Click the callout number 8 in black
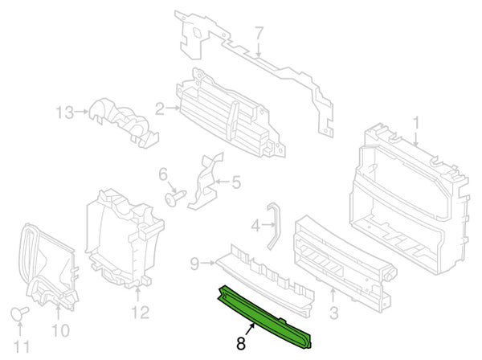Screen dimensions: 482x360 point(241,343)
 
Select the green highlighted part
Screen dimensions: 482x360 point(265,317)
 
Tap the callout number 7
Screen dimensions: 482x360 point(259,33)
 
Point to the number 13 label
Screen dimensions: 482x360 point(64,112)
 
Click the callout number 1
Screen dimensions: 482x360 point(416,123)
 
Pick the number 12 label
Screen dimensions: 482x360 point(140,313)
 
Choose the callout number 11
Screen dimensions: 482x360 point(22,346)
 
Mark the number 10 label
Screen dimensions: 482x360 point(60,330)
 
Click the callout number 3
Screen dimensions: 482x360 point(333,313)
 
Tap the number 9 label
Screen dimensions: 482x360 point(194,264)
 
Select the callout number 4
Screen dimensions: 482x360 point(255,227)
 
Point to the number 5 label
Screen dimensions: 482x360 point(235,182)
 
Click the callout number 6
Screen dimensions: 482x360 point(163,175)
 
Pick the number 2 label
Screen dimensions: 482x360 point(160,108)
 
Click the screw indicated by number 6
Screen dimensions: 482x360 point(175,198)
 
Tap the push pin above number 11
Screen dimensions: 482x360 point(18,313)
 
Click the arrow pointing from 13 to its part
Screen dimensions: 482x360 point(81,111)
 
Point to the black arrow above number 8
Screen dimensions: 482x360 point(250,329)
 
